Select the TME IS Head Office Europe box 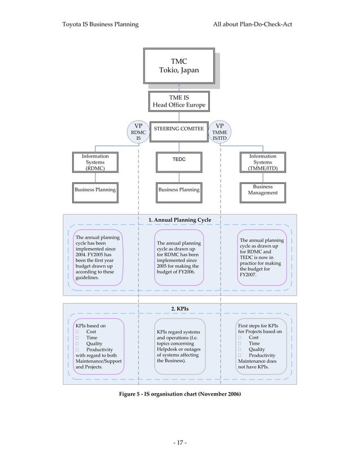[179, 102]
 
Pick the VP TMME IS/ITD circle [220, 133]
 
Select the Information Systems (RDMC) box [95, 162]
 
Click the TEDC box [179, 160]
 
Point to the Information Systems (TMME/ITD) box [263, 162]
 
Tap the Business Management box [263, 190]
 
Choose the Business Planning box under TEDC [179, 190]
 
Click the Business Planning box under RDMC [95, 190]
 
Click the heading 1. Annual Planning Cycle [179, 219]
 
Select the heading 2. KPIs [179, 309]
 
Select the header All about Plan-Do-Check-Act [252, 25]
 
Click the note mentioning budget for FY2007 [262, 257]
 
